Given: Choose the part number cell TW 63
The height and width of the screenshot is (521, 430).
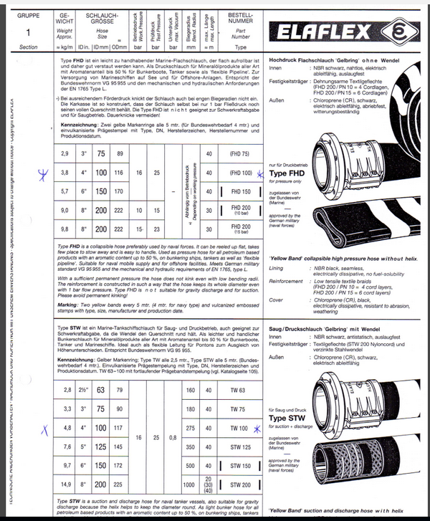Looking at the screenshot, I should coord(238,390).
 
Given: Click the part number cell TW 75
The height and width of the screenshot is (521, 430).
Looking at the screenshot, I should coord(238,408).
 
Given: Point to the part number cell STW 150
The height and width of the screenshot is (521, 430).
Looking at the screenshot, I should coord(238,465).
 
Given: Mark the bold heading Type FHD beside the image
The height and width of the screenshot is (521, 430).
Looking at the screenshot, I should coord(289,173).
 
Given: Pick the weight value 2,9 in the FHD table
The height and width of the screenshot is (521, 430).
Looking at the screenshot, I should coord(64,153).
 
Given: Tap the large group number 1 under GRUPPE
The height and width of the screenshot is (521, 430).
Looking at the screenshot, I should coord(28,34).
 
